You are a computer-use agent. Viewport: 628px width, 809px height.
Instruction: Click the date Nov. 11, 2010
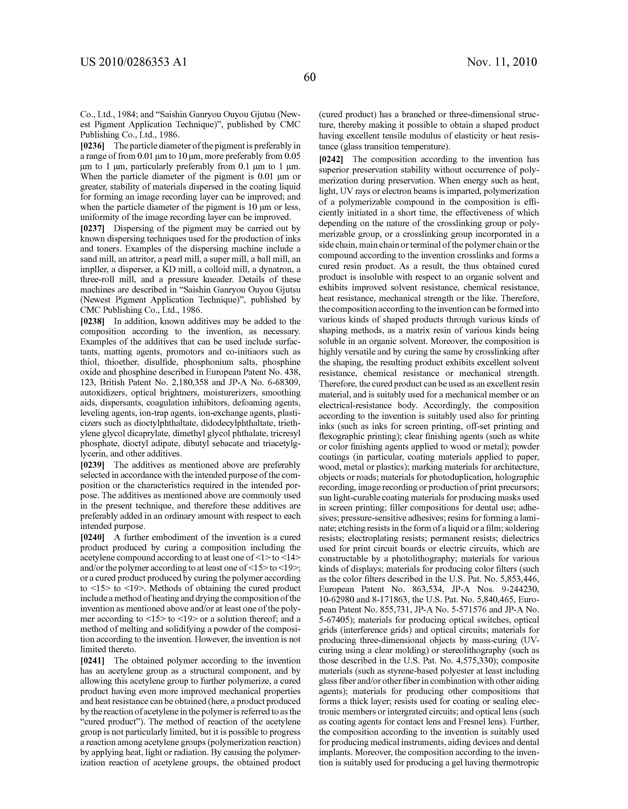click(x=502, y=62)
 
